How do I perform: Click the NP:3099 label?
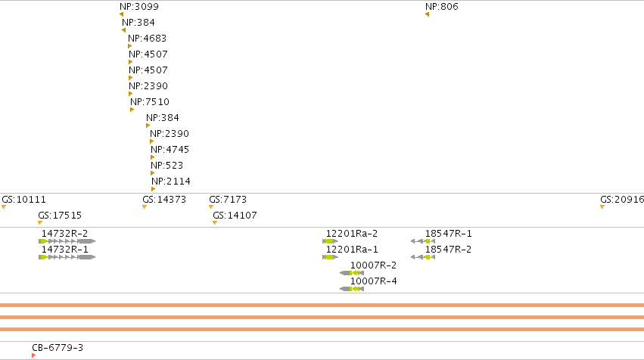point(138,7)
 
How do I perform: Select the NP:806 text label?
point(441,7)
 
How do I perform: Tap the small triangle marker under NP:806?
point(427,15)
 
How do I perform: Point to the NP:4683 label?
point(147,39)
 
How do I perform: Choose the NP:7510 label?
point(150,102)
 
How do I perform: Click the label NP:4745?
point(170,150)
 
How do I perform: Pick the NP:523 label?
point(166,166)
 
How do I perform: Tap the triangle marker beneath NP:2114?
point(153,189)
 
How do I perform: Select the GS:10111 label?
point(23,200)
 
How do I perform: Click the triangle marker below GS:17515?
point(40,223)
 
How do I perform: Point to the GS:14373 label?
point(164,200)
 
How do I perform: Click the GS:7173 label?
point(228,200)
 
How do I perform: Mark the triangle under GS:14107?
point(215,223)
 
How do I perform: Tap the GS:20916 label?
point(622,200)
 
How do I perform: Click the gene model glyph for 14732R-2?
point(67,241)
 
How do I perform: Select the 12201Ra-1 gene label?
point(352,250)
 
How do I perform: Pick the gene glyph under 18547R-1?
point(423,241)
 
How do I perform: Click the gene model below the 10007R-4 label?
point(352,289)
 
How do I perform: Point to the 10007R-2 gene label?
point(373,265)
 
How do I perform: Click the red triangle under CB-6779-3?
point(34,355)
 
